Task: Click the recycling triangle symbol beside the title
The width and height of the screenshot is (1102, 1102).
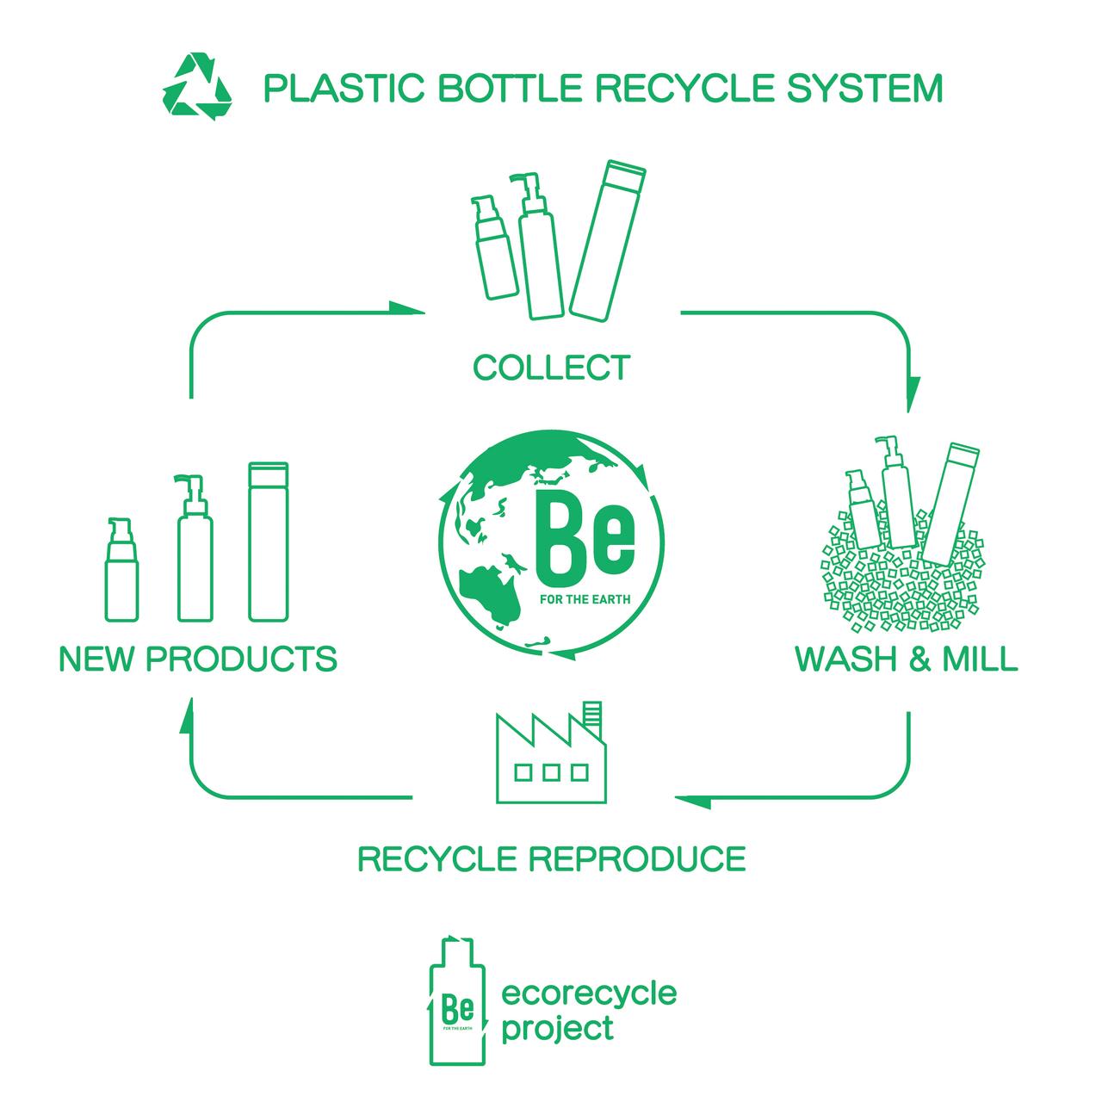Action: coord(197,87)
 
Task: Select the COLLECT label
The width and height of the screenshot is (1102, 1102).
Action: coord(551,368)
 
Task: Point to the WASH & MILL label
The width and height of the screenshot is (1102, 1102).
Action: coord(907,659)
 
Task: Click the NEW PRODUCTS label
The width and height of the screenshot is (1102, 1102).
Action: coord(198,659)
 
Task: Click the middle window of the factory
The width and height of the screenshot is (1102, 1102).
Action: coord(551,772)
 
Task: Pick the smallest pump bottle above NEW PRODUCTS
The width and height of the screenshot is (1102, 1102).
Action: coord(120,572)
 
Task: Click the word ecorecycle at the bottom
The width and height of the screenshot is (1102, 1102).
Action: coord(589,994)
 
